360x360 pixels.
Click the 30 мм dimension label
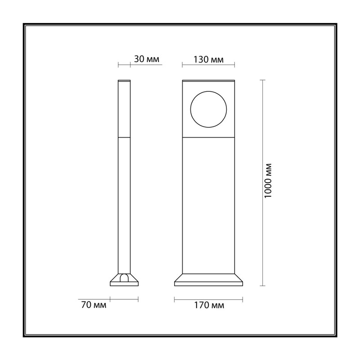147,59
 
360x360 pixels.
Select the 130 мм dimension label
208,59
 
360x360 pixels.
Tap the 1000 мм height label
268,180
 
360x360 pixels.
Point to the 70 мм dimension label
94,305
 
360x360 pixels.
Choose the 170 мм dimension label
209,305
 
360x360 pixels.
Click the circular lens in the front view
208,109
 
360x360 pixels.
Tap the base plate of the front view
208,280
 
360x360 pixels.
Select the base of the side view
124,280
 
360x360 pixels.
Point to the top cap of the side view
124,81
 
